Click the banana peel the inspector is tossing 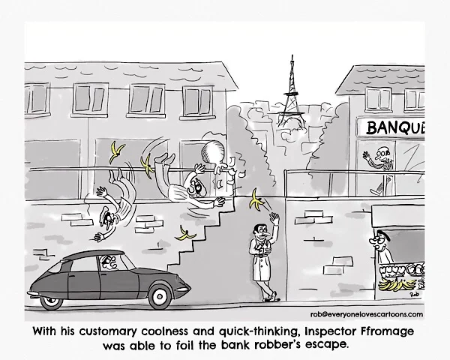point(258,200)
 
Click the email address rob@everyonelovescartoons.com point(370,315)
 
